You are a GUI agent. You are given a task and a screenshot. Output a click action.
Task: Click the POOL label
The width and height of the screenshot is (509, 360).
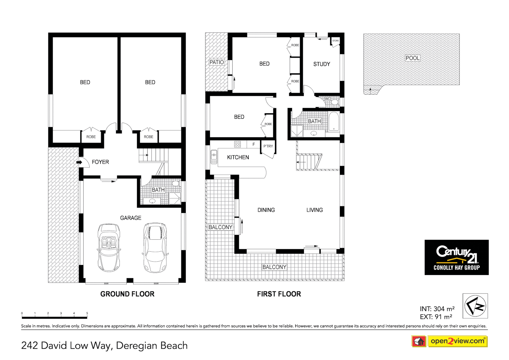pos(412,58)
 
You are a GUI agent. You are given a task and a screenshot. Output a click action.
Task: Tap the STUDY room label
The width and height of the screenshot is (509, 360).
pos(321,64)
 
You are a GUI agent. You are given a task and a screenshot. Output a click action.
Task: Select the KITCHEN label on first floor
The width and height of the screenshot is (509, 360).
pos(238,157)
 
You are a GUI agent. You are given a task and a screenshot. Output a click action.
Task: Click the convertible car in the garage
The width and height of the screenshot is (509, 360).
pos(109,247)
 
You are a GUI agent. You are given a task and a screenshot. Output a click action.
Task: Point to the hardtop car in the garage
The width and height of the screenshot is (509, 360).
pos(155,247)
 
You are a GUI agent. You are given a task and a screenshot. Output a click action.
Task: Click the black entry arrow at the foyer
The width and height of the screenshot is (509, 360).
pos(79,162)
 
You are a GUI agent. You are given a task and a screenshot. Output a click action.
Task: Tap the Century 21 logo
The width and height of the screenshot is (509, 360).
pos(456,257)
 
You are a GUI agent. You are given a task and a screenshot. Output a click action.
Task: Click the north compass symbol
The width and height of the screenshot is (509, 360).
pos(475,306)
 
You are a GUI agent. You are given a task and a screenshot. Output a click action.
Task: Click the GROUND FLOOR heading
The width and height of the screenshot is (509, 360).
pos(127,294)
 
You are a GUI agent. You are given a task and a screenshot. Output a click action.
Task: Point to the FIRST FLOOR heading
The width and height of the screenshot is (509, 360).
pos(279,294)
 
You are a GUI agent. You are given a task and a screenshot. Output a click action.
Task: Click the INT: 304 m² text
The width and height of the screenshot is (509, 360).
pos(437,309)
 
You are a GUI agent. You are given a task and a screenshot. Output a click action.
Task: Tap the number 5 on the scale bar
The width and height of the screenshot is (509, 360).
pos(87,313)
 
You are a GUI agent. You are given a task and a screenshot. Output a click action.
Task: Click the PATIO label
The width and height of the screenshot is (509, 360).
pos(217,62)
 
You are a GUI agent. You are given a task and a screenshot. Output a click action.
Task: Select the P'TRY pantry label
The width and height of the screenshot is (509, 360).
pos(268,146)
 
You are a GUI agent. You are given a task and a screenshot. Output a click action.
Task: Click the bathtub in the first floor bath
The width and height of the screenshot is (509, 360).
pos(334,122)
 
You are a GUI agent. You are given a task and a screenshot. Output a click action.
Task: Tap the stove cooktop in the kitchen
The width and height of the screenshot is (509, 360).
pos(237,144)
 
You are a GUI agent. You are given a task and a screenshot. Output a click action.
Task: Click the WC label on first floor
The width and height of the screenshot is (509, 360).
pos(327,99)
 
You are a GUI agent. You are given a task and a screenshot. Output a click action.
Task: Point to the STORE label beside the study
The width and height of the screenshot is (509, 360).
pos(335,41)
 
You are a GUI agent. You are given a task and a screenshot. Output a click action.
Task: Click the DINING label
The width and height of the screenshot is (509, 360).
pos(266,210)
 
